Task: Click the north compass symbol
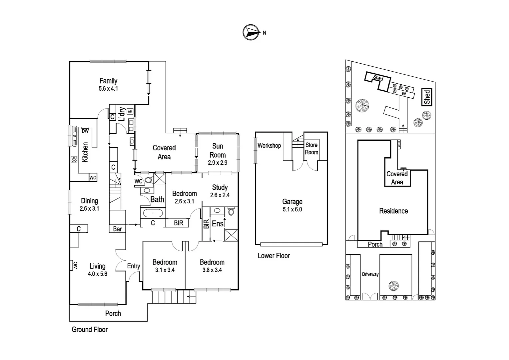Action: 251,32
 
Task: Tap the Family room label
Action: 108,81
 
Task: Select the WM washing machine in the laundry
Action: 130,111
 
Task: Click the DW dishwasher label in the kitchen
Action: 85,131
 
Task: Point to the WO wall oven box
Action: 93,178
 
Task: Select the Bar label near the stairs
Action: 117,229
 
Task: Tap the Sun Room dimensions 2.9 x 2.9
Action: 218,163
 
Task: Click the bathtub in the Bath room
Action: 153,213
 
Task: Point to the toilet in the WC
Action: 149,180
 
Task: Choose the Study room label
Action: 220,187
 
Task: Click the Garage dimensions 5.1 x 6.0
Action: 292,209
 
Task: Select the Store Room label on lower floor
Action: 311,149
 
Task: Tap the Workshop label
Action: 269,146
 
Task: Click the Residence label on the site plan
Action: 393,211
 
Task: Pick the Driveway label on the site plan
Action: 370,274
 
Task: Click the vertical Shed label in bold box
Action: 427,97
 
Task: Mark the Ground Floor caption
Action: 90,330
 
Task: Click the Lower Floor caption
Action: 274,256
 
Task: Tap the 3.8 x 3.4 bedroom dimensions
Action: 212,270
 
